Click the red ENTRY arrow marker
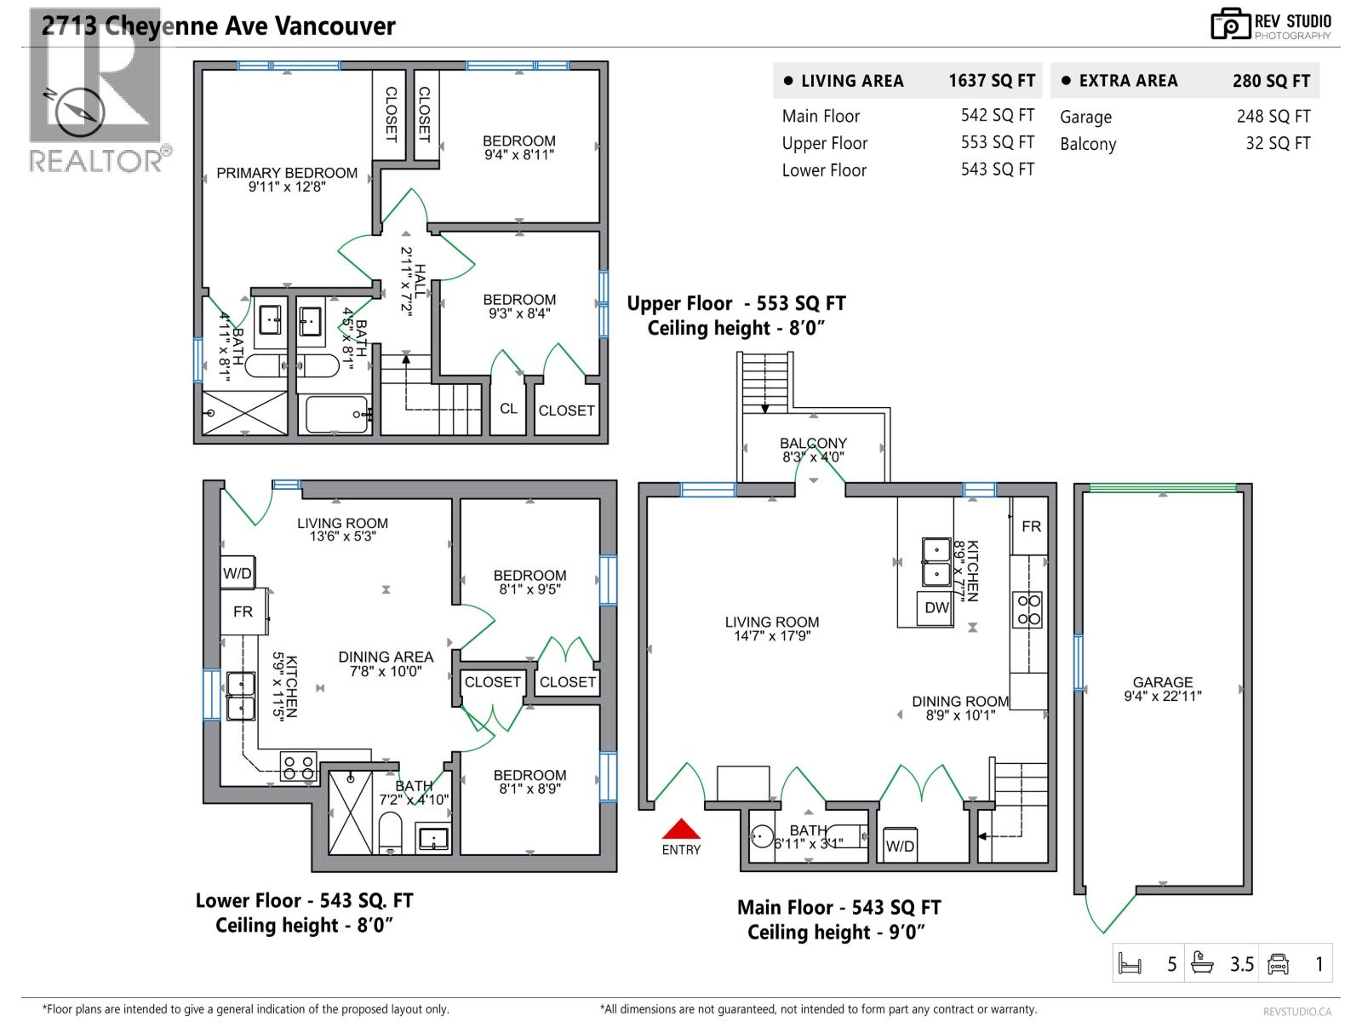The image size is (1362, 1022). (x=681, y=830)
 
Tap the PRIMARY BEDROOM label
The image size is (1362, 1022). (x=287, y=174)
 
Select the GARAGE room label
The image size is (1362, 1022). (x=1163, y=682)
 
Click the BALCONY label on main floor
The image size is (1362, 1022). (x=813, y=444)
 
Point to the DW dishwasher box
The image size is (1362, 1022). (x=936, y=608)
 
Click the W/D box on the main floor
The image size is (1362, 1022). (x=900, y=846)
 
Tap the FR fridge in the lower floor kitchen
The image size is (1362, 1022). (x=243, y=611)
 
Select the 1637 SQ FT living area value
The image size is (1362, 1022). (x=992, y=81)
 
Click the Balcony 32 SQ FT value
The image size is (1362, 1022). (x=1278, y=143)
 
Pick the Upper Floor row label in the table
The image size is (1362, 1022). (x=824, y=143)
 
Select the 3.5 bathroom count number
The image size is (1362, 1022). (x=1242, y=964)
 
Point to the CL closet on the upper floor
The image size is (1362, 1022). (x=508, y=409)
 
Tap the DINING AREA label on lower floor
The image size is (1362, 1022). (x=386, y=657)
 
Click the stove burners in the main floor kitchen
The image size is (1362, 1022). (x=1028, y=609)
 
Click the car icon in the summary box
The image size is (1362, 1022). (x=1278, y=964)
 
